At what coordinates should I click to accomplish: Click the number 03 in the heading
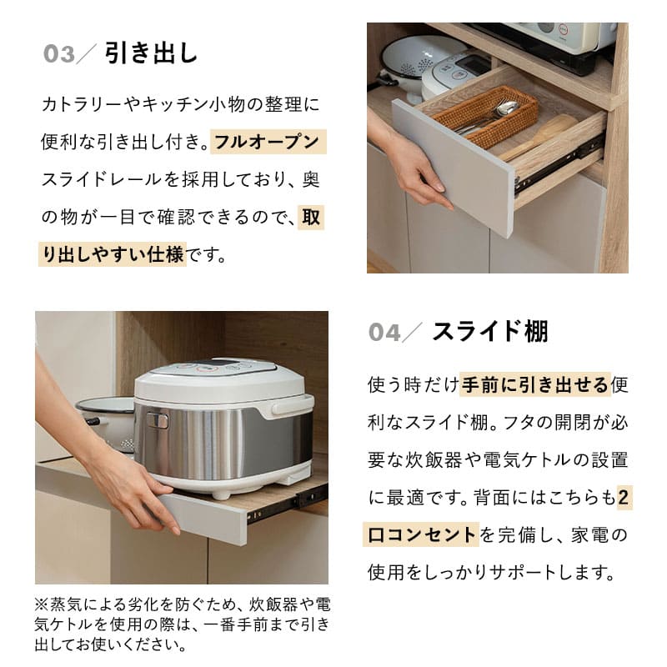tap(59, 55)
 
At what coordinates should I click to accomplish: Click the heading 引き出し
tap(151, 53)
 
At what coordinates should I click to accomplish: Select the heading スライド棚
tap(489, 331)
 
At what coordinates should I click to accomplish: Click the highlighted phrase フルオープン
tap(267, 142)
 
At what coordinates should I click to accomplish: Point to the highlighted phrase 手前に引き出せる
tap(534, 385)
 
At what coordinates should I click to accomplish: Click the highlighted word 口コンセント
tap(422, 534)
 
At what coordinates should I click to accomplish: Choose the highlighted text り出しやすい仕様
tap(113, 254)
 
